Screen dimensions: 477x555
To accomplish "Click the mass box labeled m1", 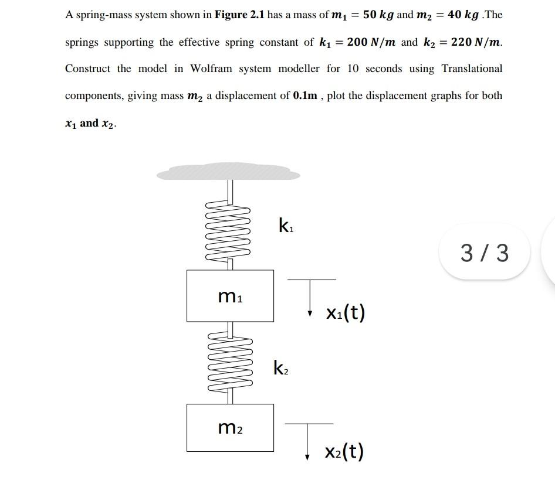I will tap(230, 295).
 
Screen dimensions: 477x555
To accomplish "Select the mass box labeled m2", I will tap(230, 428).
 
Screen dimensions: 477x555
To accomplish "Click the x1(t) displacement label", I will tap(346, 312).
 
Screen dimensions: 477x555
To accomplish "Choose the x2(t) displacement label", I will tap(344, 451).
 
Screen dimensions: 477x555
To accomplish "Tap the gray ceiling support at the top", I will tap(228, 172).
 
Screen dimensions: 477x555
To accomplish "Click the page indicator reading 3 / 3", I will tap(485, 252).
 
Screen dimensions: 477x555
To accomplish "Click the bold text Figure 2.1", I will tap(239, 15).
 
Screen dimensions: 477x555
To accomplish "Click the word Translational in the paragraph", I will tap(472, 69).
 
